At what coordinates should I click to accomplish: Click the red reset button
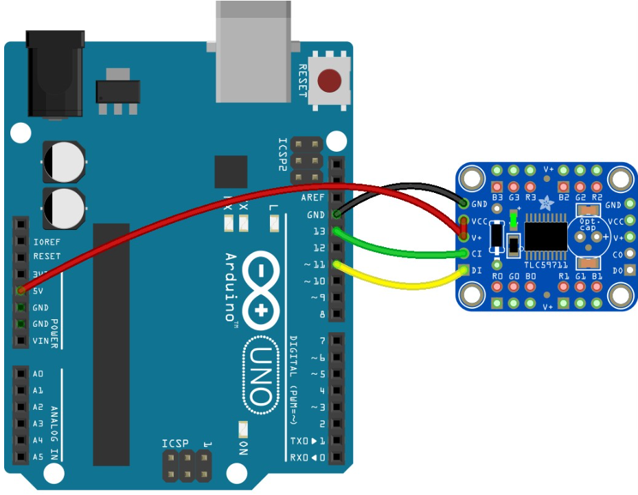click(330, 80)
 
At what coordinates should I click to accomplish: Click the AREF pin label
click(312, 198)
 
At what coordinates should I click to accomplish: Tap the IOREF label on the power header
click(47, 241)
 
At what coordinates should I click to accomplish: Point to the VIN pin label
click(42, 341)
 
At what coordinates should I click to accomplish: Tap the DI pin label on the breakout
click(477, 270)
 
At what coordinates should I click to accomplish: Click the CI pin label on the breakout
click(477, 254)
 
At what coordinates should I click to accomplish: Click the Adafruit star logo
click(547, 203)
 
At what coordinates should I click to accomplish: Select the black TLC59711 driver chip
click(545, 235)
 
